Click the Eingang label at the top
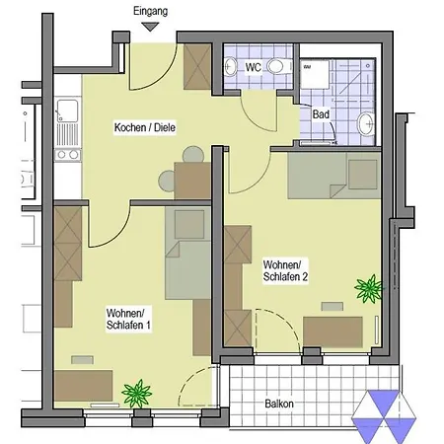coord(150,11)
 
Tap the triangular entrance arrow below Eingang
coord(150,27)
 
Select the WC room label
coord(254,67)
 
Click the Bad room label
coord(321,114)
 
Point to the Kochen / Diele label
coord(145,127)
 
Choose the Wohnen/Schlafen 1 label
coord(128,319)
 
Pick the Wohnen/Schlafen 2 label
coord(285,270)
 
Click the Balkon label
coord(279,404)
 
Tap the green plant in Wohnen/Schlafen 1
coord(137,393)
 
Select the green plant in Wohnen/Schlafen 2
coord(369,288)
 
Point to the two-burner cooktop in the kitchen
coord(67,155)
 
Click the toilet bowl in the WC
coord(278,66)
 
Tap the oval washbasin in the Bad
coord(366,124)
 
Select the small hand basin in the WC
coord(230,67)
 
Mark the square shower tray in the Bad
coord(315,74)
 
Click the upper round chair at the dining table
coord(193,154)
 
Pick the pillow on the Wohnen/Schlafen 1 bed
coord(189,224)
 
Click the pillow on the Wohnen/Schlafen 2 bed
coord(363,175)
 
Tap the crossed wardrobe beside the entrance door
coord(197,67)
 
